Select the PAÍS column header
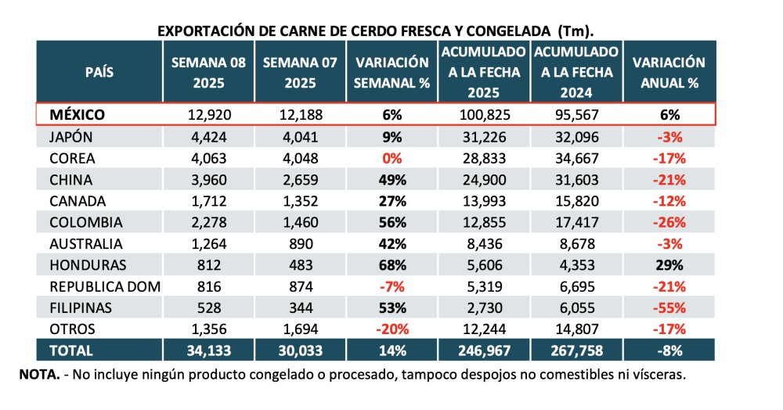tap(99, 72)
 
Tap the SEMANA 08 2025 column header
tap(209, 72)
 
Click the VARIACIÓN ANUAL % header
tap(669, 72)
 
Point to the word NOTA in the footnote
tap(38, 375)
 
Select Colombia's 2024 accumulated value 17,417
tap(576, 222)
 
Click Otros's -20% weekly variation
tap(391, 328)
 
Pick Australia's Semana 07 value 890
tap(300, 243)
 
